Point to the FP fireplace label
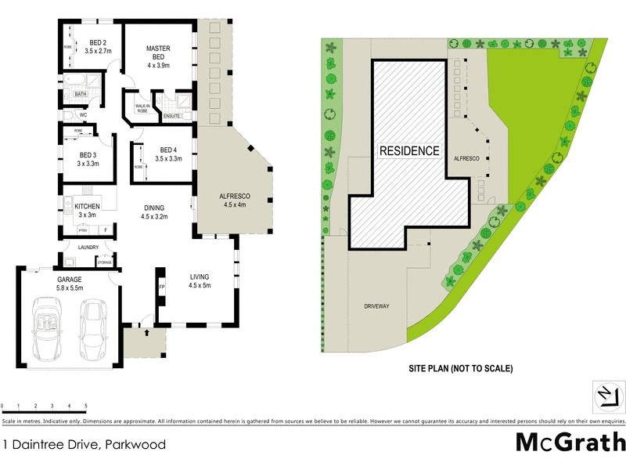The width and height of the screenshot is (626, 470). click(x=162, y=287)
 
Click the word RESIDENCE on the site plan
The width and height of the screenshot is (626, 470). click(x=409, y=150)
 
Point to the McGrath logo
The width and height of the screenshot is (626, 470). click(x=570, y=443)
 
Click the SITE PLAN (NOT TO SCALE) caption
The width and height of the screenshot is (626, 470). click(x=460, y=367)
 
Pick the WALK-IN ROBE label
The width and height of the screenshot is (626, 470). click(x=142, y=108)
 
